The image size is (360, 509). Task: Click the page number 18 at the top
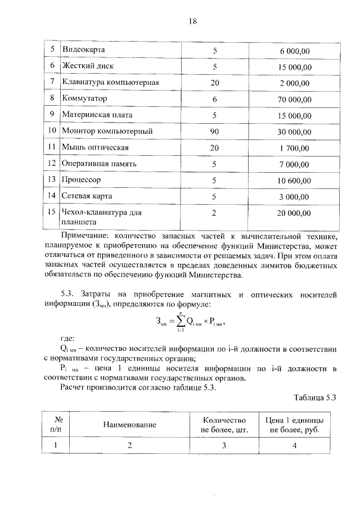pyautogui.click(x=193, y=21)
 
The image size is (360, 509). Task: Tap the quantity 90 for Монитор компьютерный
pyautogui.click(x=214, y=132)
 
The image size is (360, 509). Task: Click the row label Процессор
pyautogui.click(x=82, y=180)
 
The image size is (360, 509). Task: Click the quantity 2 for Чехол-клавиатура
pyautogui.click(x=214, y=213)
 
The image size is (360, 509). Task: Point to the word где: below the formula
pyautogui.click(x=67, y=339)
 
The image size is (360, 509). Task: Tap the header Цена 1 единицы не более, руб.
pyautogui.click(x=295, y=425)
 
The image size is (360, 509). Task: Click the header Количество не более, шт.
pyautogui.click(x=224, y=425)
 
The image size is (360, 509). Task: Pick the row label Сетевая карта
pyautogui.click(x=87, y=196)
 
